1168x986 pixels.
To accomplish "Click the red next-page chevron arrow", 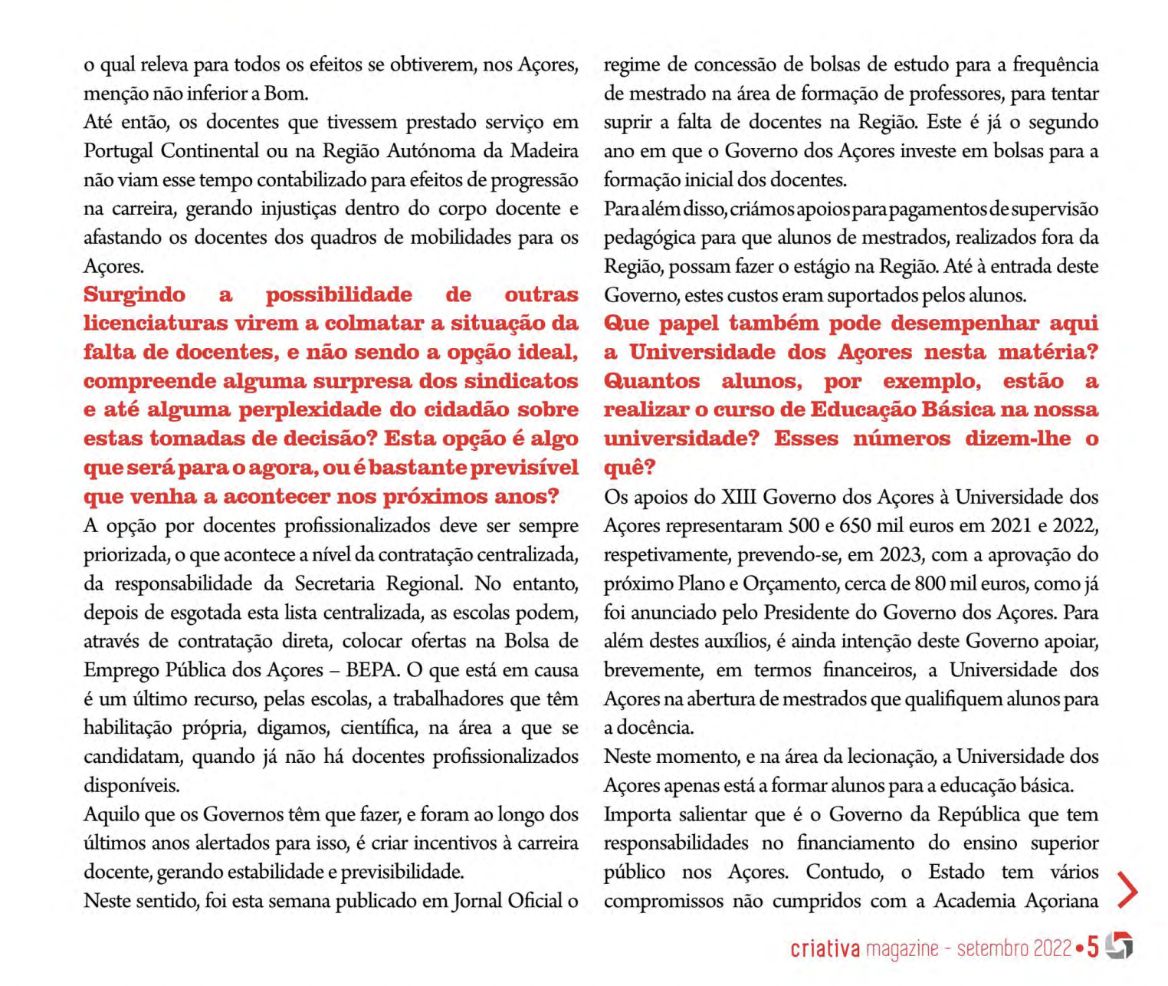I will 1127,890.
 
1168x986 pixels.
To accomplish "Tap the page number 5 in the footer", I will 1093,948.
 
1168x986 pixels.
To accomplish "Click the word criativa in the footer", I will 825,949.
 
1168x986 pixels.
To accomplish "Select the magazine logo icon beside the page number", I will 1120,946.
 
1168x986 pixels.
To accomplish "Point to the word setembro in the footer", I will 991,949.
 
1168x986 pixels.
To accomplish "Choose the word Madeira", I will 544,151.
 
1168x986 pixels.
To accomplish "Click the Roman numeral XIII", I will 739,497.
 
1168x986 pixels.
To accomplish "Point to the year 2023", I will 902,555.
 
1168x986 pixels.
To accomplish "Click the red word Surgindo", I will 134,295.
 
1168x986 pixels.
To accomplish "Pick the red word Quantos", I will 651,381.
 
